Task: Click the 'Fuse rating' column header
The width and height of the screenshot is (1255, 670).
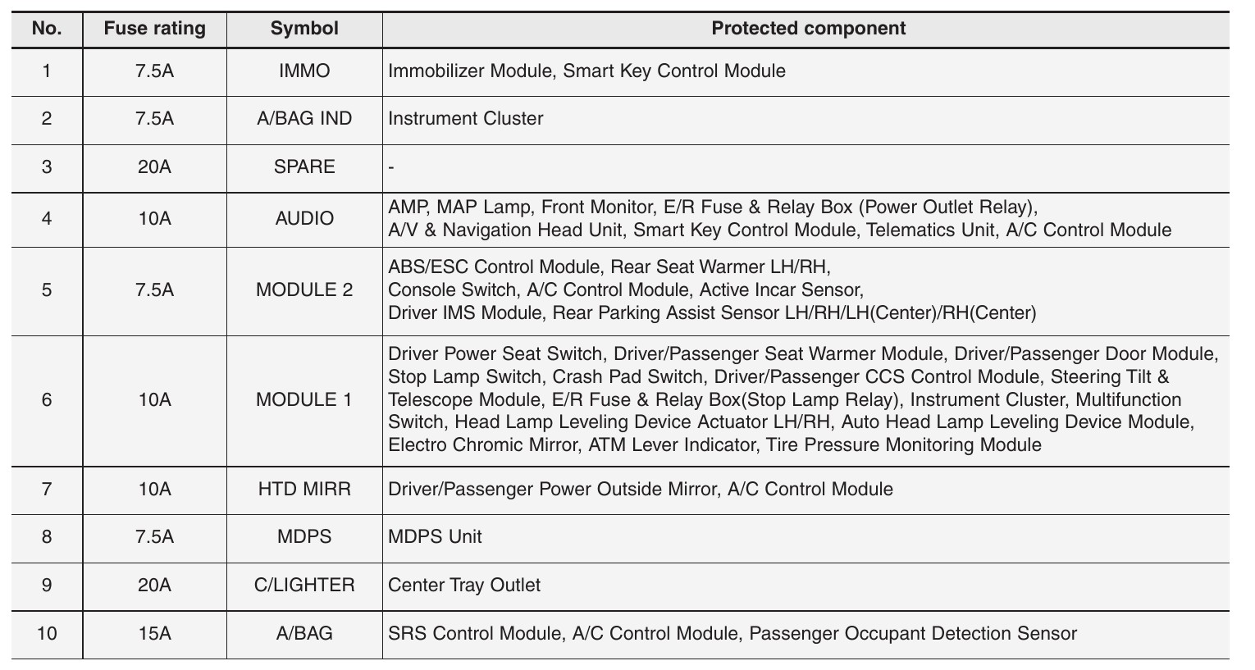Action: pos(154,29)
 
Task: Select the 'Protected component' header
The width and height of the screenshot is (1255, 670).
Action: pos(808,29)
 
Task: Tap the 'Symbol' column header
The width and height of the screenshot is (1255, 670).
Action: pos(304,29)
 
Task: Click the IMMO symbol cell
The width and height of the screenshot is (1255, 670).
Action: pos(304,71)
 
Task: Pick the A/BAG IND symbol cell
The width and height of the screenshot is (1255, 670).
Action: pos(304,119)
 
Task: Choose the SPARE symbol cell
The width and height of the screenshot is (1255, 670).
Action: pos(304,167)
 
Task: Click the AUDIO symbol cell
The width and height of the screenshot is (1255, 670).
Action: pos(304,219)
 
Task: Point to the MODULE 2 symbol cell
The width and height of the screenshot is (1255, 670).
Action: pos(304,290)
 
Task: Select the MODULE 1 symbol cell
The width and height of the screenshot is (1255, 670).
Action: pos(304,400)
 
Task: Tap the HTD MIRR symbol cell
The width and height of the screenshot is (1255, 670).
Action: pos(304,490)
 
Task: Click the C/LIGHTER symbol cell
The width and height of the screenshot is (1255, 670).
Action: pos(304,586)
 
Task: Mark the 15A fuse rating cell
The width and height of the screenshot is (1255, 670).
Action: pos(154,634)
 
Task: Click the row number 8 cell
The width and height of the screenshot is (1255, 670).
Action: pos(47,537)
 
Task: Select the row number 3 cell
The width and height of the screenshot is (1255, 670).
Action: pos(47,167)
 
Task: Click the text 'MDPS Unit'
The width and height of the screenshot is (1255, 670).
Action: pos(435,537)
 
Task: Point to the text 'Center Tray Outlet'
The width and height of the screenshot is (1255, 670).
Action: pos(464,586)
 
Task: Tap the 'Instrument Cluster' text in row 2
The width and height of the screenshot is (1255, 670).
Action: pos(465,119)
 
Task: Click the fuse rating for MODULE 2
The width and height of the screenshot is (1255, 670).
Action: pos(154,290)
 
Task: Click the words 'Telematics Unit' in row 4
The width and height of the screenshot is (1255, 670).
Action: pos(932,230)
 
